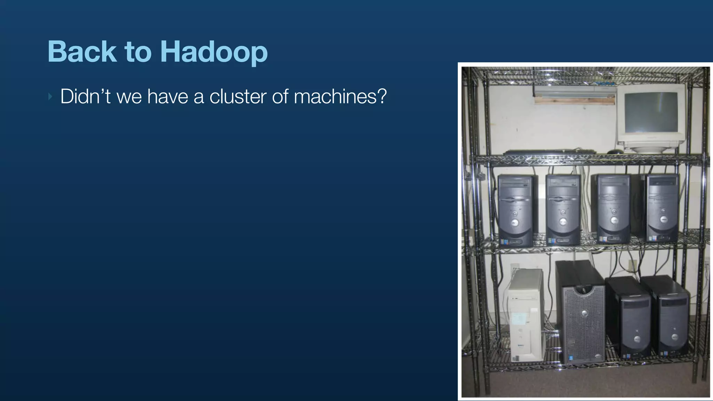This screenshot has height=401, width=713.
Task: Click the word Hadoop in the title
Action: pos(214,52)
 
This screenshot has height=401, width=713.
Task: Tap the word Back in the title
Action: pos(82,52)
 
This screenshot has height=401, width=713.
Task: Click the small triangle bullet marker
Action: pos(50,96)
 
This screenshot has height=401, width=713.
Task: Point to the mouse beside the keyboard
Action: pos(615,151)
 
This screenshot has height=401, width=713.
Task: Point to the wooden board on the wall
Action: pos(574,100)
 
